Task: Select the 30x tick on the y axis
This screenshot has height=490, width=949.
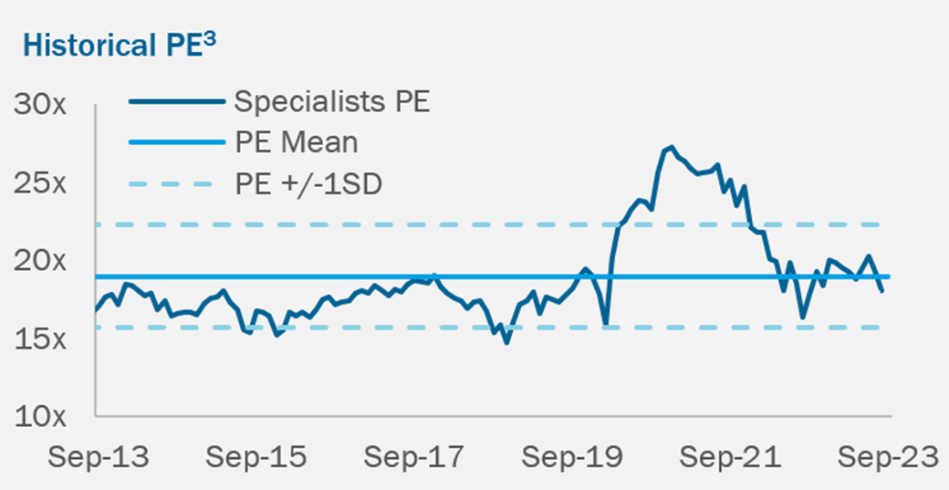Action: click(x=39, y=104)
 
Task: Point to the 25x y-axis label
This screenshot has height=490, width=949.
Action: click(x=39, y=182)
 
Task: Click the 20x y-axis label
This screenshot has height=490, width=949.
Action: click(x=39, y=261)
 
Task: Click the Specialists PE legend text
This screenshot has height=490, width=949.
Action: click(x=331, y=101)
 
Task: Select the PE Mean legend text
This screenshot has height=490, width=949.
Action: click(x=296, y=142)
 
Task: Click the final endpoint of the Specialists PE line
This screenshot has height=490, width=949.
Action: click(x=882, y=291)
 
